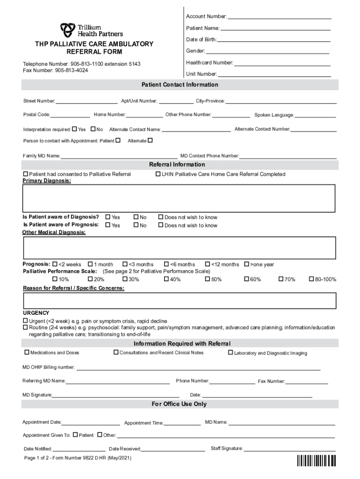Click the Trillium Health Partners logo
click(x=91, y=30)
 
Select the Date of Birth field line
click(x=274, y=40)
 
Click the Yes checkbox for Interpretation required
click(x=75, y=129)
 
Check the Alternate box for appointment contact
click(x=150, y=140)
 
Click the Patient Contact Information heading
click(x=180, y=85)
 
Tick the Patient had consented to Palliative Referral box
click(x=26, y=174)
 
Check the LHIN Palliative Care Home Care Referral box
click(x=158, y=174)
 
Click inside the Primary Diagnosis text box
click(x=179, y=198)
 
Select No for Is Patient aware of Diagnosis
click(x=136, y=217)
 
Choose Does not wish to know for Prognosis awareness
click(x=160, y=225)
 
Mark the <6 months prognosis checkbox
click(x=166, y=264)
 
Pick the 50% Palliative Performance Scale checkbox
click(x=208, y=279)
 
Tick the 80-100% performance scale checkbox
click(x=311, y=279)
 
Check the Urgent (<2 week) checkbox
click(x=26, y=321)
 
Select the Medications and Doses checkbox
click(x=27, y=352)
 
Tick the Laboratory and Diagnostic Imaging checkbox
click(x=230, y=353)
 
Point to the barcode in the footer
click(x=317, y=461)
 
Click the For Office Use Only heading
click(x=179, y=404)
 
